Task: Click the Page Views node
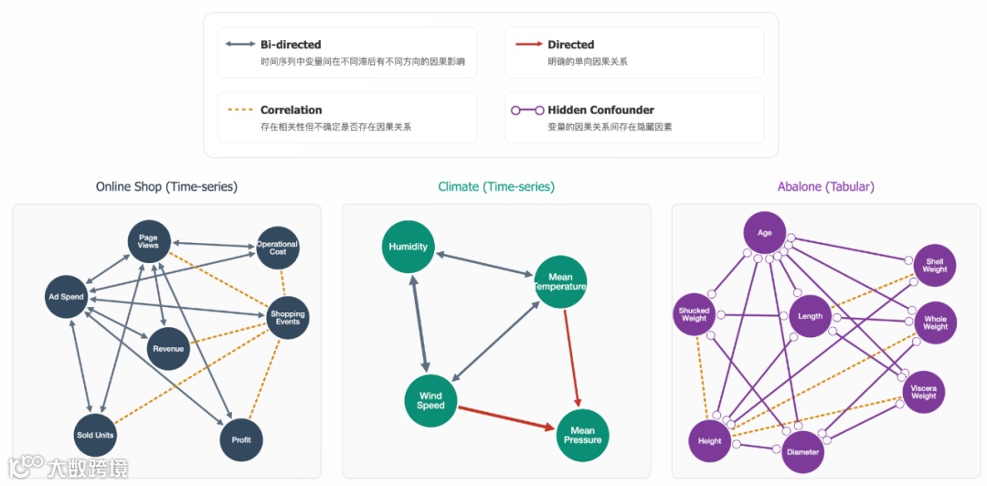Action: tap(148, 241)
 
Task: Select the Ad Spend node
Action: tap(66, 296)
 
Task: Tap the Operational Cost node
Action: tap(277, 248)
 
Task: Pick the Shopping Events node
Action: tap(286, 318)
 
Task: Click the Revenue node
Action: tap(168, 348)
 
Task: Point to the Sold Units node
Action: tap(95, 435)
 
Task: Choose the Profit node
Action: tap(241, 440)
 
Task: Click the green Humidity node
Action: tap(408, 247)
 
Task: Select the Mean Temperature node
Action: tap(560, 281)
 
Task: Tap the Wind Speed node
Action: tap(430, 400)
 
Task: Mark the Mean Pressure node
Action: tap(582, 435)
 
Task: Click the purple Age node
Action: tap(765, 234)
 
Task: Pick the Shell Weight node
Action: tap(934, 265)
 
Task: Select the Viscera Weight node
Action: tap(923, 392)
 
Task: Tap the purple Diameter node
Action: tap(802, 451)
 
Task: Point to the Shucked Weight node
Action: tap(695, 315)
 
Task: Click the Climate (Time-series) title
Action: tap(496, 186)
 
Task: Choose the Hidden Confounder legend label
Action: tap(600, 111)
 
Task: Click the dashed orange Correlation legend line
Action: tap(239, 111)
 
